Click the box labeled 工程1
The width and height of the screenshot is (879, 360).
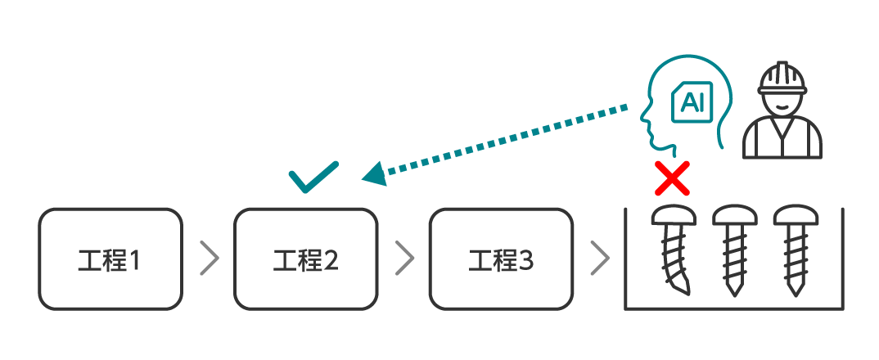point(110,259)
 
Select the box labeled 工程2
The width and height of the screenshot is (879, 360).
point(305,259)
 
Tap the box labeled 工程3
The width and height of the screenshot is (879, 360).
point(501,259)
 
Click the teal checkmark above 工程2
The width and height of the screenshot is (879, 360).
point(313,177)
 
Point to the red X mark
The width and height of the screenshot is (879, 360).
point(672,178)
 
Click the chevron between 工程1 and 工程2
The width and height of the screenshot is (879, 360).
point(210,259)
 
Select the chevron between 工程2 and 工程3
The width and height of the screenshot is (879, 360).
point(404,259)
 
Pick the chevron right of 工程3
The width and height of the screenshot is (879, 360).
point(600,259)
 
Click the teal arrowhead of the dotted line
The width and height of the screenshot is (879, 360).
point(374,173)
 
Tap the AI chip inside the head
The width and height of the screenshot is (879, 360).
point(692,102)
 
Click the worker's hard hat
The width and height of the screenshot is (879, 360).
point(782,79)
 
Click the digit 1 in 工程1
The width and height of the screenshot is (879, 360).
point(134,261)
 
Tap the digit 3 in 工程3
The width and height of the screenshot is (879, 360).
point(525,261)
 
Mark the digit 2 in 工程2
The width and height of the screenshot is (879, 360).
point(330,261)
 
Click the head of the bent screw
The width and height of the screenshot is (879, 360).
point(674,216)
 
